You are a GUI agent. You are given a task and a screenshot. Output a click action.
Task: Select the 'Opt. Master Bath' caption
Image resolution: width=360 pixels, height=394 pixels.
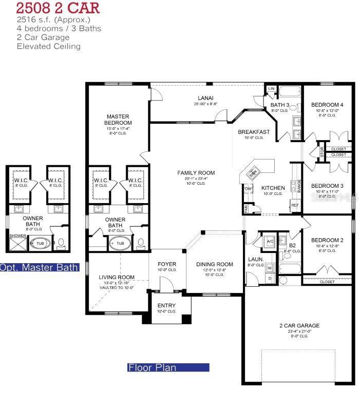coord(40,267)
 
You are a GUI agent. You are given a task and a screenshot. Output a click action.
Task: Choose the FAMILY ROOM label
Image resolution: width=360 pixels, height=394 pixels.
coord(196,173)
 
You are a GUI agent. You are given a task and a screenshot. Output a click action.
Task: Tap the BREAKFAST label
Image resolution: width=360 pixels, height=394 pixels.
coord(254,132)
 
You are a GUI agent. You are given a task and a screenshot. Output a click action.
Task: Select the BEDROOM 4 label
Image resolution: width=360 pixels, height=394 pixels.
coord(327,105)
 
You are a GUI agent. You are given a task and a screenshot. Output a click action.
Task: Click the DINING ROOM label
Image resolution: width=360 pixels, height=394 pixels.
coord(215,265)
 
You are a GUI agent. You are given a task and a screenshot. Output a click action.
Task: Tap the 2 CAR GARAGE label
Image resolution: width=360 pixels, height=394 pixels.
coord(299,326)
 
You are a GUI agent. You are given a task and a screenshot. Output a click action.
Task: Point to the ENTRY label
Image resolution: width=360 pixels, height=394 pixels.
coord(166,306)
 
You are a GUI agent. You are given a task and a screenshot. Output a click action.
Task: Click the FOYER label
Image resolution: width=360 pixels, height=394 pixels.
coord(166,265)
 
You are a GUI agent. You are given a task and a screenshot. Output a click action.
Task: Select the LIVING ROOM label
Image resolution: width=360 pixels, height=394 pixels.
coord(117,278)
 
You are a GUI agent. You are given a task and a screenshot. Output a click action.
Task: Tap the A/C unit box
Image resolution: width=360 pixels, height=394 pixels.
coord(270,241)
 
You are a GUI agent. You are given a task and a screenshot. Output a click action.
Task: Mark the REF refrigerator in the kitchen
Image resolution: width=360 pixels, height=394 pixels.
coord(295,205)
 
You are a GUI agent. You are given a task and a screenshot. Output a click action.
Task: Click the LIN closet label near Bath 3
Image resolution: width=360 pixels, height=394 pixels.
coord(272,89)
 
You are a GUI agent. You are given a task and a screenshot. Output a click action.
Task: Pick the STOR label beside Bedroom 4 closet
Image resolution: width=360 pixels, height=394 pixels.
coord(322,152)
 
